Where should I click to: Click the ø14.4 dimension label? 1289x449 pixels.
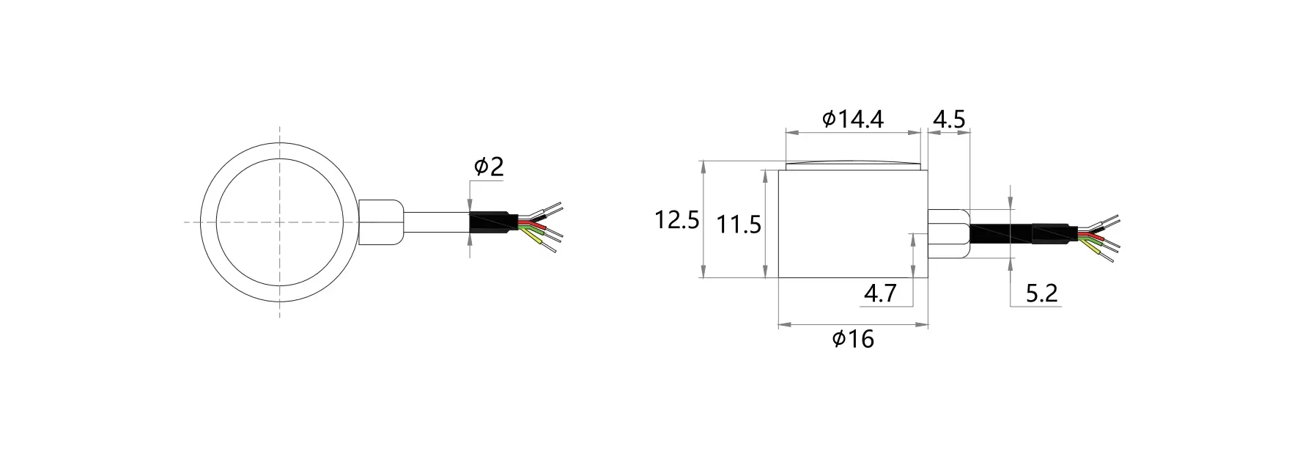(853, 119)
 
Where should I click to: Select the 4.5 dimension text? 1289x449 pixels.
(949, 119)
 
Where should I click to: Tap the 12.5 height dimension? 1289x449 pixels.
(676, 220)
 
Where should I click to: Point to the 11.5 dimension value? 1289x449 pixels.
(739, 224)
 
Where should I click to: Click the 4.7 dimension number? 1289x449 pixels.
(880, 293)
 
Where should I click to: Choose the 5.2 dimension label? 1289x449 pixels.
(1041, 294)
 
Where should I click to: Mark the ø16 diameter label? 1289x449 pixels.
(853, 339)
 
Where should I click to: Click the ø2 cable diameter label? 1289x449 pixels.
(489, 167)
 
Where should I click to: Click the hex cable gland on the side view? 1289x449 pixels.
(948, 233)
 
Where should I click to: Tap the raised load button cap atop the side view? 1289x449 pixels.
(852, 164)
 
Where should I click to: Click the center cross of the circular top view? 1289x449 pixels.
(279, 222)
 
